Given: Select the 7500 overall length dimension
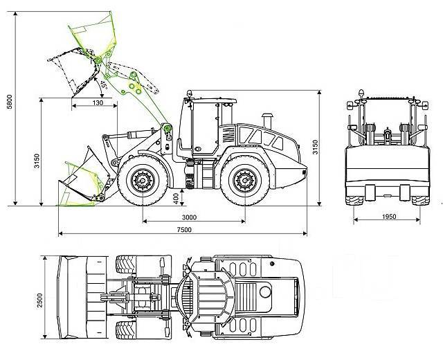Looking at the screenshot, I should tap(183, 230).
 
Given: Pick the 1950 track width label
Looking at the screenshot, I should tap(388, 217).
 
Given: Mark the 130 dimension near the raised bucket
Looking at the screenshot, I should tap(98, 102).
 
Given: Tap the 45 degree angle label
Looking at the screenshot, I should tap(103, 85).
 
